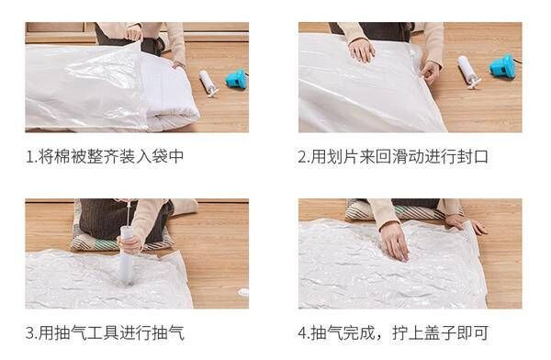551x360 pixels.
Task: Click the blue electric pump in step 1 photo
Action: point(236,79)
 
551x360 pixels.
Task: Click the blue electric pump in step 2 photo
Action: point(503,66)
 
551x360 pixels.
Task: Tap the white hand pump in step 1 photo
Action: point(208,83)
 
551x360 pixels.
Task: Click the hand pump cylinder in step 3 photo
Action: point(126,255)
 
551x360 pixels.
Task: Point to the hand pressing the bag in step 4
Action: point(394,241)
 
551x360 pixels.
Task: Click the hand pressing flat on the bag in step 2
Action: point(361,50)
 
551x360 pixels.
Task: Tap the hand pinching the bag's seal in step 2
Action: point(430,73)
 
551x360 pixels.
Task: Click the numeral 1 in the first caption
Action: point(30,157)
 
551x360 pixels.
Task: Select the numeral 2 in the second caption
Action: point(303,157)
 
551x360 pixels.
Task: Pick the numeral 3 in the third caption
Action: point(30,333)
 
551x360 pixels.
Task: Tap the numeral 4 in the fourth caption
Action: point(303,333)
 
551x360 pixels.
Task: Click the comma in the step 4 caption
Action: point(379,338)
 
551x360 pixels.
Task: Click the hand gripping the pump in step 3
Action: point(130,243)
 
